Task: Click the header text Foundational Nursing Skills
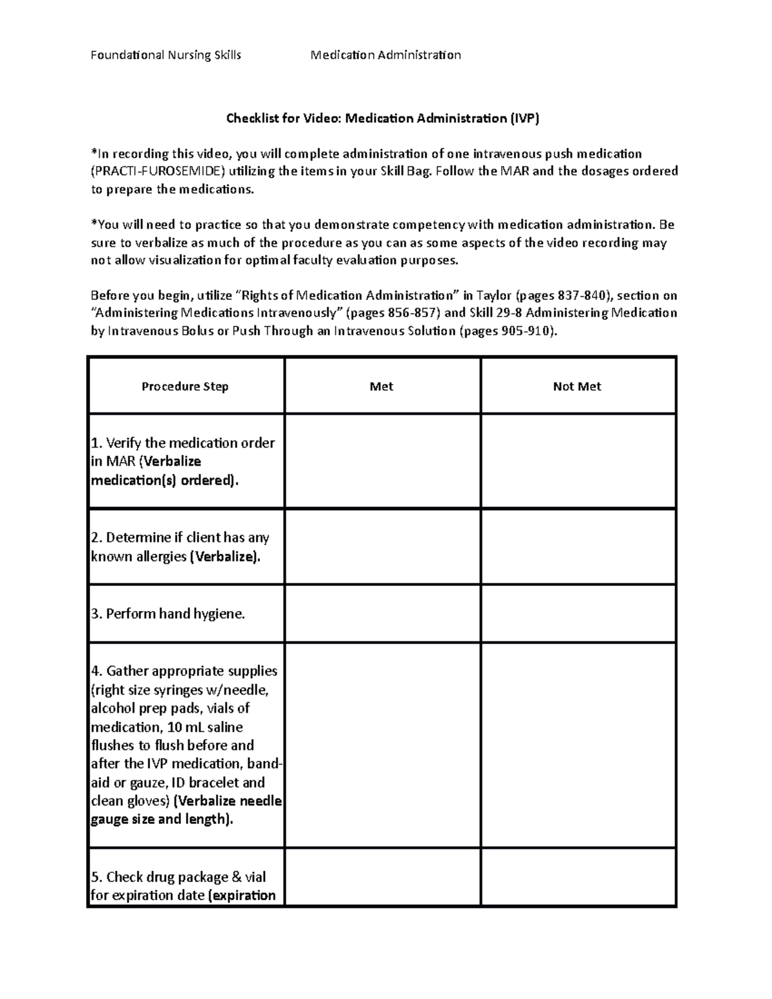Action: pos(166,55)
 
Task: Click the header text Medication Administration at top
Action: pos(385,55)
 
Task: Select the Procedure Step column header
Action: pos(185,387)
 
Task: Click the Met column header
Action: pos(381,387)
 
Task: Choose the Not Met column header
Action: pos(577,387)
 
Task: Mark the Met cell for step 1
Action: pos(382,461)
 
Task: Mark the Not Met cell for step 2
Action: pos(578,547)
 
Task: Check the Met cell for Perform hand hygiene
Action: pos(382,614)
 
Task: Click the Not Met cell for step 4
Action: pos(578,745)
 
